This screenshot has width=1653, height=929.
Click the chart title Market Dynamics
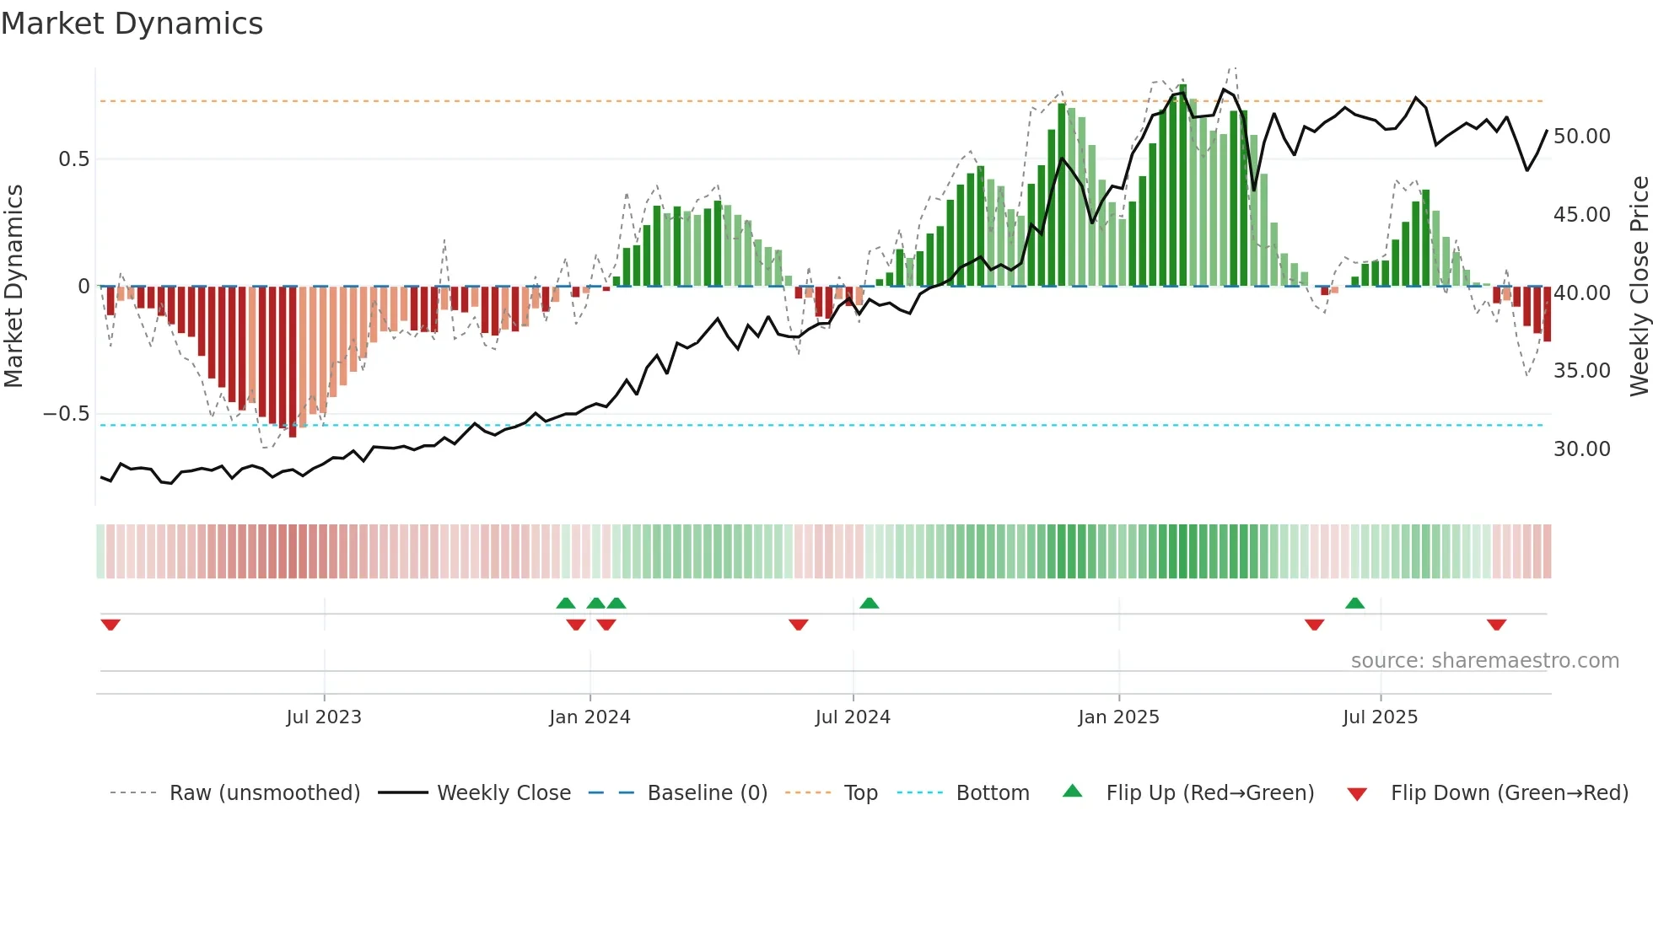tap(132, 24)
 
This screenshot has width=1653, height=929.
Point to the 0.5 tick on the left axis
tap(73, 159)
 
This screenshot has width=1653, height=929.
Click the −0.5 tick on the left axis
tap(67, 414)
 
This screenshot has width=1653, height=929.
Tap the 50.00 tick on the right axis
tap(1581, 137)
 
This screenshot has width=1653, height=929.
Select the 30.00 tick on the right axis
tap(1581, 449)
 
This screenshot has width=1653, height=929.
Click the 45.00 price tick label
tap(1581, 215)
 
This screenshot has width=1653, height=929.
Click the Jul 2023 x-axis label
tap(324, 717)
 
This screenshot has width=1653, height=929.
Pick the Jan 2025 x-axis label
tap(1118, 717)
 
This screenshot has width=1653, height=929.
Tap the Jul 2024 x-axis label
tap(853, 717)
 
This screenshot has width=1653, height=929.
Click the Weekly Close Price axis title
tap(1639, 287)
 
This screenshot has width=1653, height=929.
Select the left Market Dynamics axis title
tap(13, 287)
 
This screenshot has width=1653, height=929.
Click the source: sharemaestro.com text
tap(1484, 661)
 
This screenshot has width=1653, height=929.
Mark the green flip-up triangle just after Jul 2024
tap(869, 603)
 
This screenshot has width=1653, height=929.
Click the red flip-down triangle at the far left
tap(110, 625)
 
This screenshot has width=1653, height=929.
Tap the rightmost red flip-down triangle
tap(1496, 625)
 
